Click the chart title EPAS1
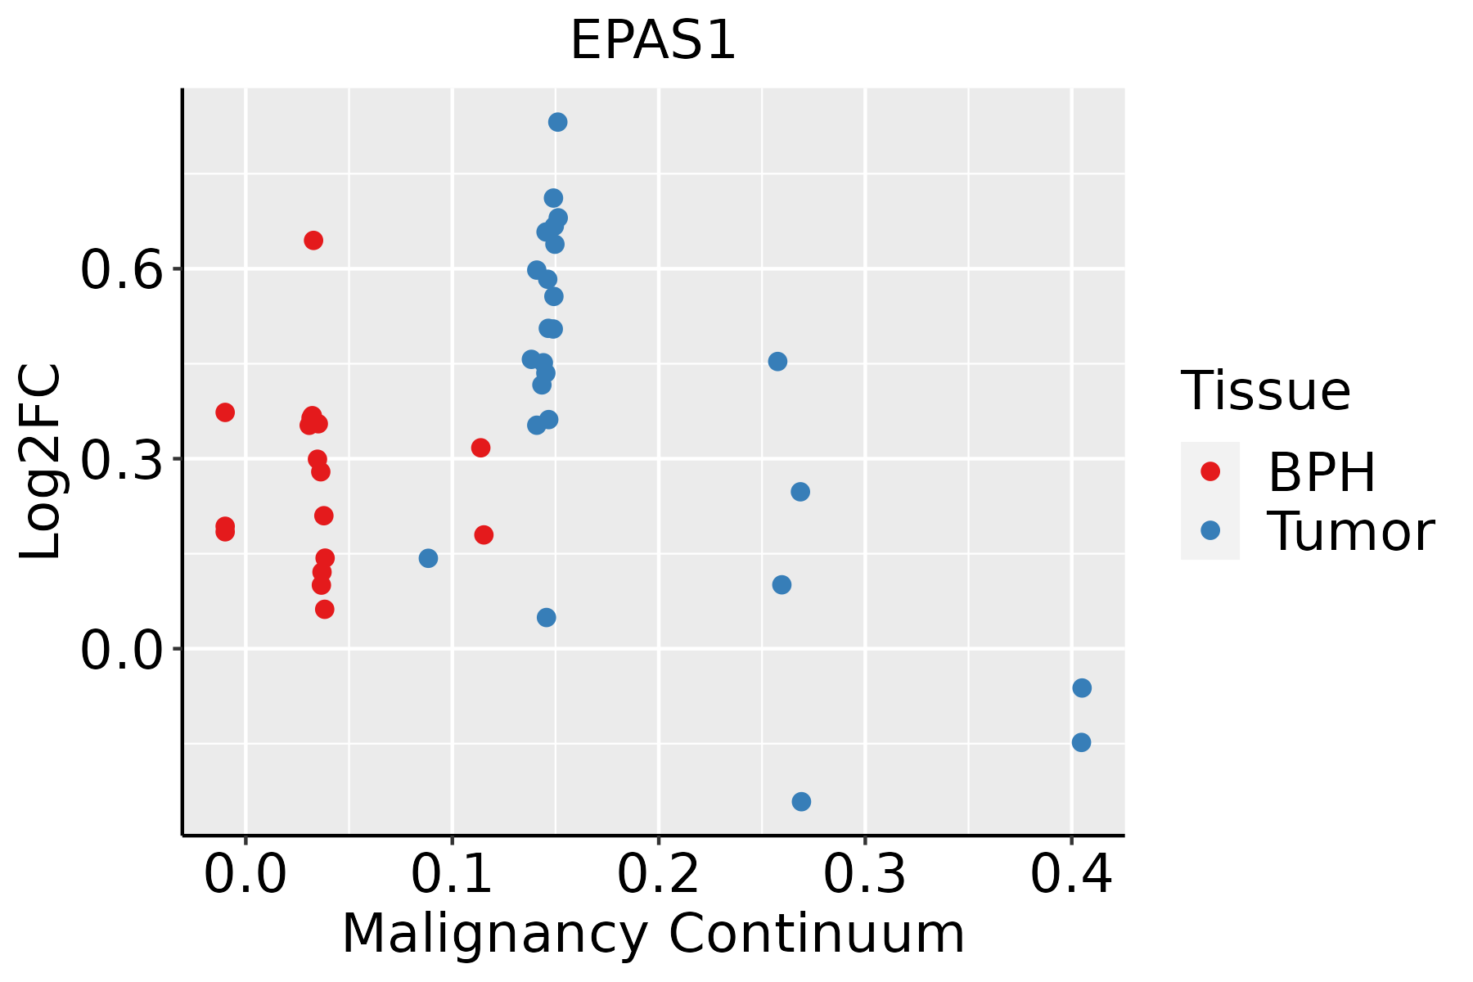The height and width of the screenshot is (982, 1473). tap(653, 41)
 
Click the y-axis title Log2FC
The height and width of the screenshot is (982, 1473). tap(41, 462)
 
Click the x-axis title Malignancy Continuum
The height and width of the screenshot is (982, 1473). tap(653, 934)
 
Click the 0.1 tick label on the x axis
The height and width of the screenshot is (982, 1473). tap(452, 875)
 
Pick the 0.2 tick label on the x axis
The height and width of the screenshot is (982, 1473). tap(658, 875)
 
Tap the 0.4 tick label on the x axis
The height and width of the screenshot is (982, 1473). tap(1070, 875)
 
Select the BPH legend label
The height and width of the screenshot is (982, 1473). tap(1322, 472)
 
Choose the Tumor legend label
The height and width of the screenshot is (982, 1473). tap(1350, 532)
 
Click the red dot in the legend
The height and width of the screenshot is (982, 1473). tap(1209, 471)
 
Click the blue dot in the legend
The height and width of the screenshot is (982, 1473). tap(1209, 530)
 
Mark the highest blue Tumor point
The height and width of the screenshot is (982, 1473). tap(557, 122)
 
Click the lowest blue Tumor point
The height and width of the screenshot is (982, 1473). tap(801, 801)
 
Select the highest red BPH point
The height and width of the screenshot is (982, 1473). tap(313, 240)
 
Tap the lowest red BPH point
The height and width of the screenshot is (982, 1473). tap(324, 609)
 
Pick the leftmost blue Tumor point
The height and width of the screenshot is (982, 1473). tap(428, 558)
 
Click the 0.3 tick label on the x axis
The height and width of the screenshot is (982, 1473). tap(864, 875)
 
